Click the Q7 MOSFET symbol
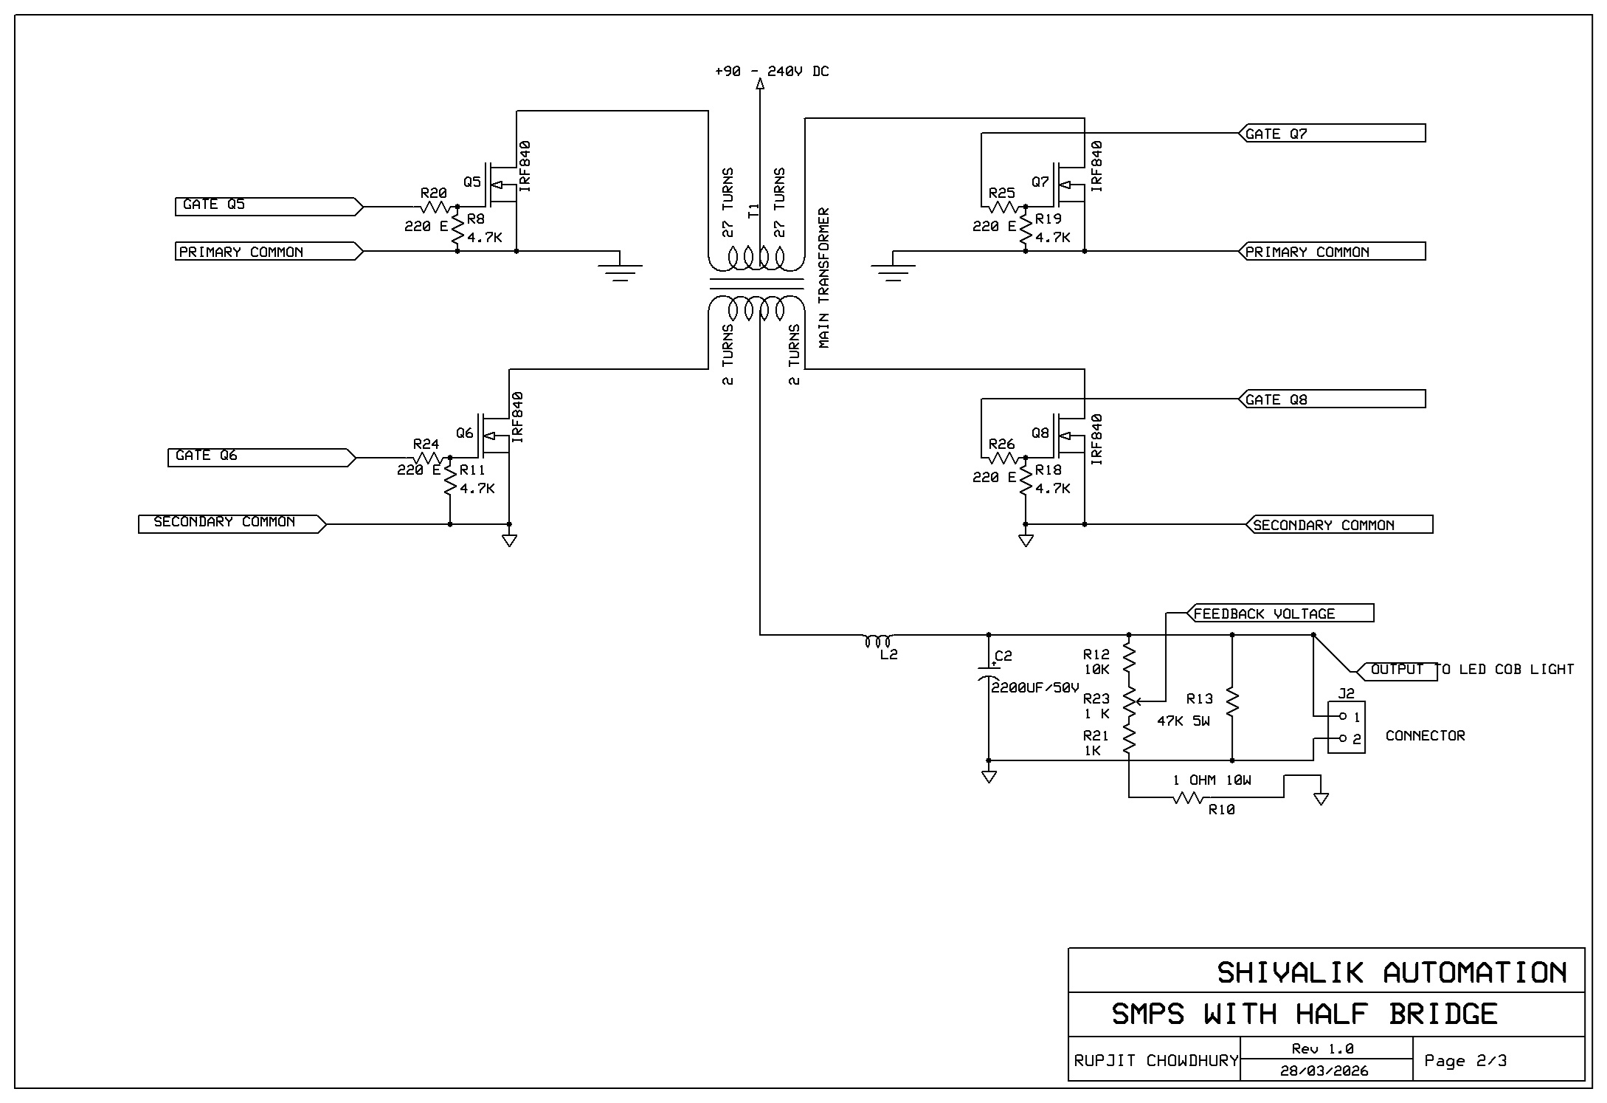1070,185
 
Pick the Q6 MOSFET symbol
494,436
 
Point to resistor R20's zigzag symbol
435,207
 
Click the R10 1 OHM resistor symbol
1188,797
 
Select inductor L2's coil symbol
878,640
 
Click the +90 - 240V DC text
772,72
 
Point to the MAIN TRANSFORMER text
824,278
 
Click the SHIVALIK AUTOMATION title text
1392,972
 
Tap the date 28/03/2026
1324,1071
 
